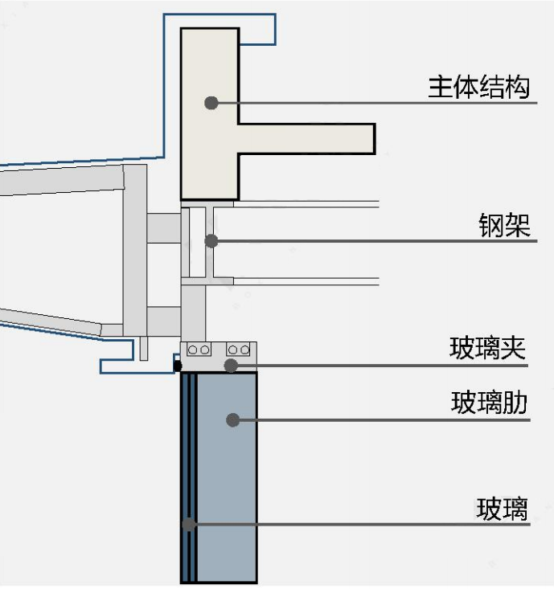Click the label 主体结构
coord(479,87)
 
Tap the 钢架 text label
coord(505,226)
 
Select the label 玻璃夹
coord(487,349)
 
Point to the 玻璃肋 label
coord(489,403)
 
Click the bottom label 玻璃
coord(503,509)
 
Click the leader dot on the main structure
coord(211,103)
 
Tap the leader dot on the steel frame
coord(211,240)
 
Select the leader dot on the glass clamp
coord(231,366)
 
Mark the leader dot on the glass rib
coord(232,419)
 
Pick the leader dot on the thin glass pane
coord(188,524)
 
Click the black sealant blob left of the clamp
coord(178,366)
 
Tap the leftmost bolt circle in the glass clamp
coord(194,350)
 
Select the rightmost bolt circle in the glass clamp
coord(245,350)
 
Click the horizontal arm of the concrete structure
coord(306,138)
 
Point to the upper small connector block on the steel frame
coord(163,227)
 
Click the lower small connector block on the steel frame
coord(163,321)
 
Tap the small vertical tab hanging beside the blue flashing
coord(144,348)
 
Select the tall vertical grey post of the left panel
coord(134,249)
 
